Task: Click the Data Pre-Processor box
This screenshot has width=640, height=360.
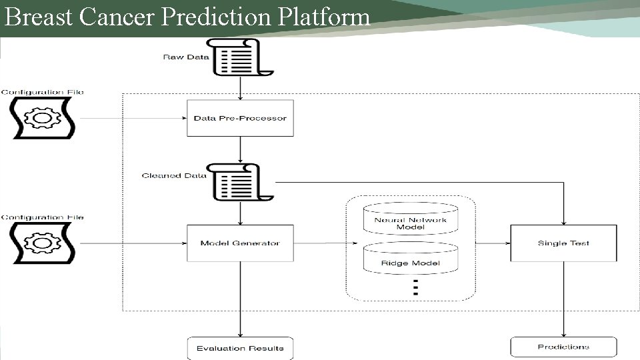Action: tap(240, 119)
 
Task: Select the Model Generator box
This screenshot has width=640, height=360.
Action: tap(240, 243)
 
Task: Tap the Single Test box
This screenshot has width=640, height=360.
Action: tap(563, 243)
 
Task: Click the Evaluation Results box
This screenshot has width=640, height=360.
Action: tap(240, 348)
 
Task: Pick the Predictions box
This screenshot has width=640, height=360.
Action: tap(563, 347)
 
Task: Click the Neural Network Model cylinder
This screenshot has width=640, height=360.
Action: tap(411, 220)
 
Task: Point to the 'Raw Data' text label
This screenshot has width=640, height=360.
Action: tap(186, 57)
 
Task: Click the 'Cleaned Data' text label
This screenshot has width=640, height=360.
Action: tap(174, 176)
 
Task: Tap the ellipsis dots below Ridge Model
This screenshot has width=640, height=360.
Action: tap(415, 287)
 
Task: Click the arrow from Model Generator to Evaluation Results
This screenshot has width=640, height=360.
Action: tap(240, 300)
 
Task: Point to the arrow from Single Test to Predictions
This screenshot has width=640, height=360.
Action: tap(563, 300)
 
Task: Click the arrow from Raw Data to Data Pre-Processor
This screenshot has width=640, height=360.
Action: tap(240, 87)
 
